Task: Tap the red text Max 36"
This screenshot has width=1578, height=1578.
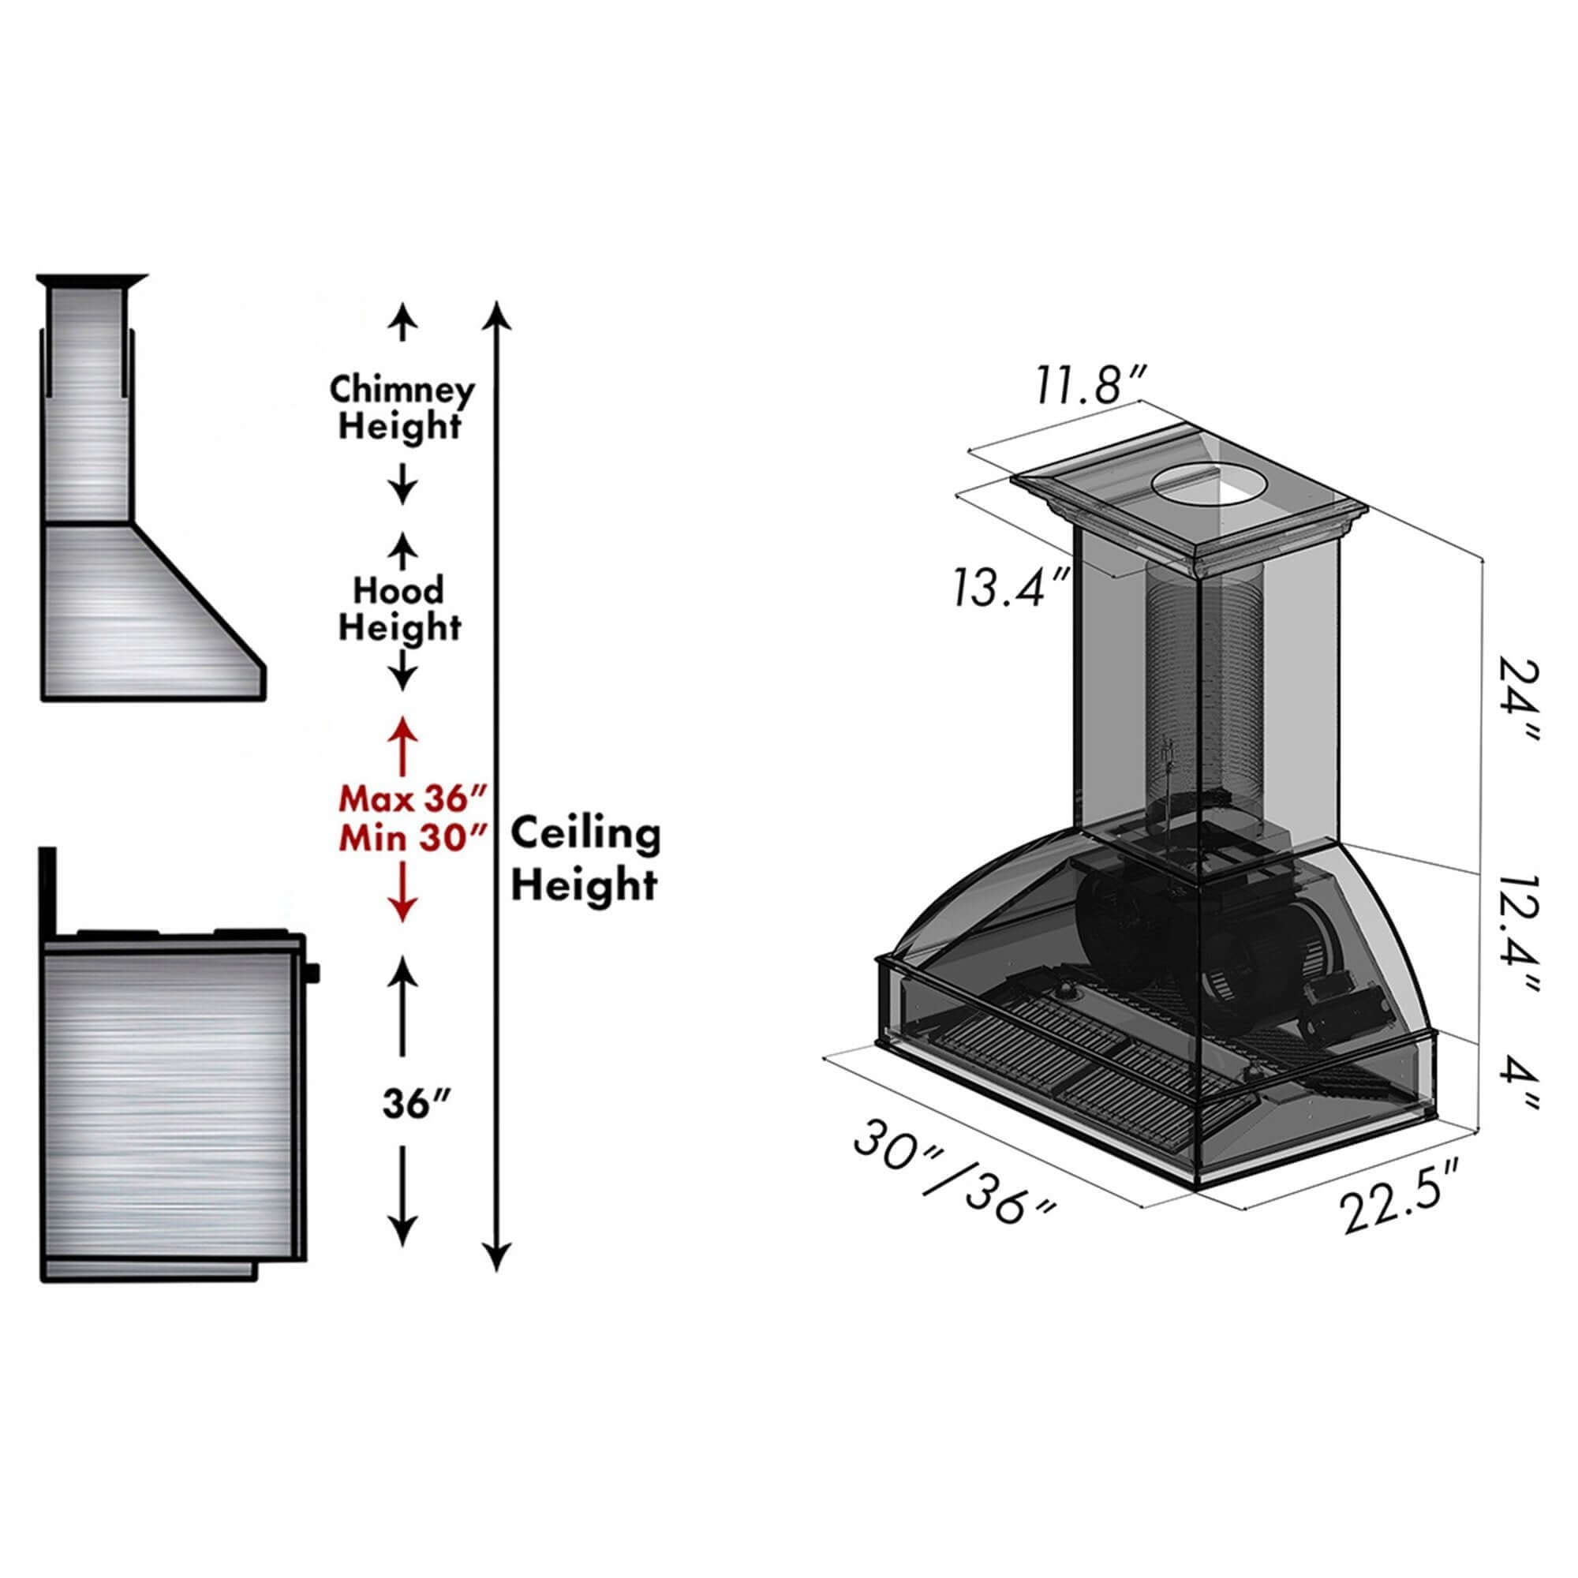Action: pos(413,797)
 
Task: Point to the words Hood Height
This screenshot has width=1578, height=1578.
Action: pos(400,608)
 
